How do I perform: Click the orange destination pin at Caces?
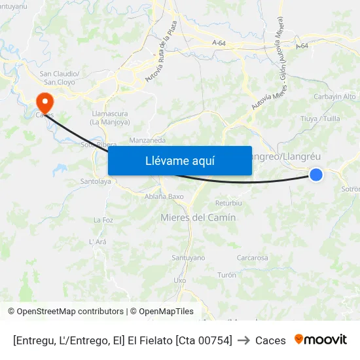pos(45,102)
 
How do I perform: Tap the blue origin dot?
pos(316,174)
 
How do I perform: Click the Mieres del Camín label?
pos(198,217)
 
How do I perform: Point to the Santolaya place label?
pos(95,181)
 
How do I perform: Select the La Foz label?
pos(103,220)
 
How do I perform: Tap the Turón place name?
pos(226,275)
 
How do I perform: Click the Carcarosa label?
pos(252,258)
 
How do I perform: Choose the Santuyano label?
pos(188,258)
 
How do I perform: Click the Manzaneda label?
pos(147,141)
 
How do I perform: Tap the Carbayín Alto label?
pos(335,96)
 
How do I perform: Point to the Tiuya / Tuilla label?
pos(320,118)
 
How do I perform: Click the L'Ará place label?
pos(98,242)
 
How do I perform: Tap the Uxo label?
pos(179,280)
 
